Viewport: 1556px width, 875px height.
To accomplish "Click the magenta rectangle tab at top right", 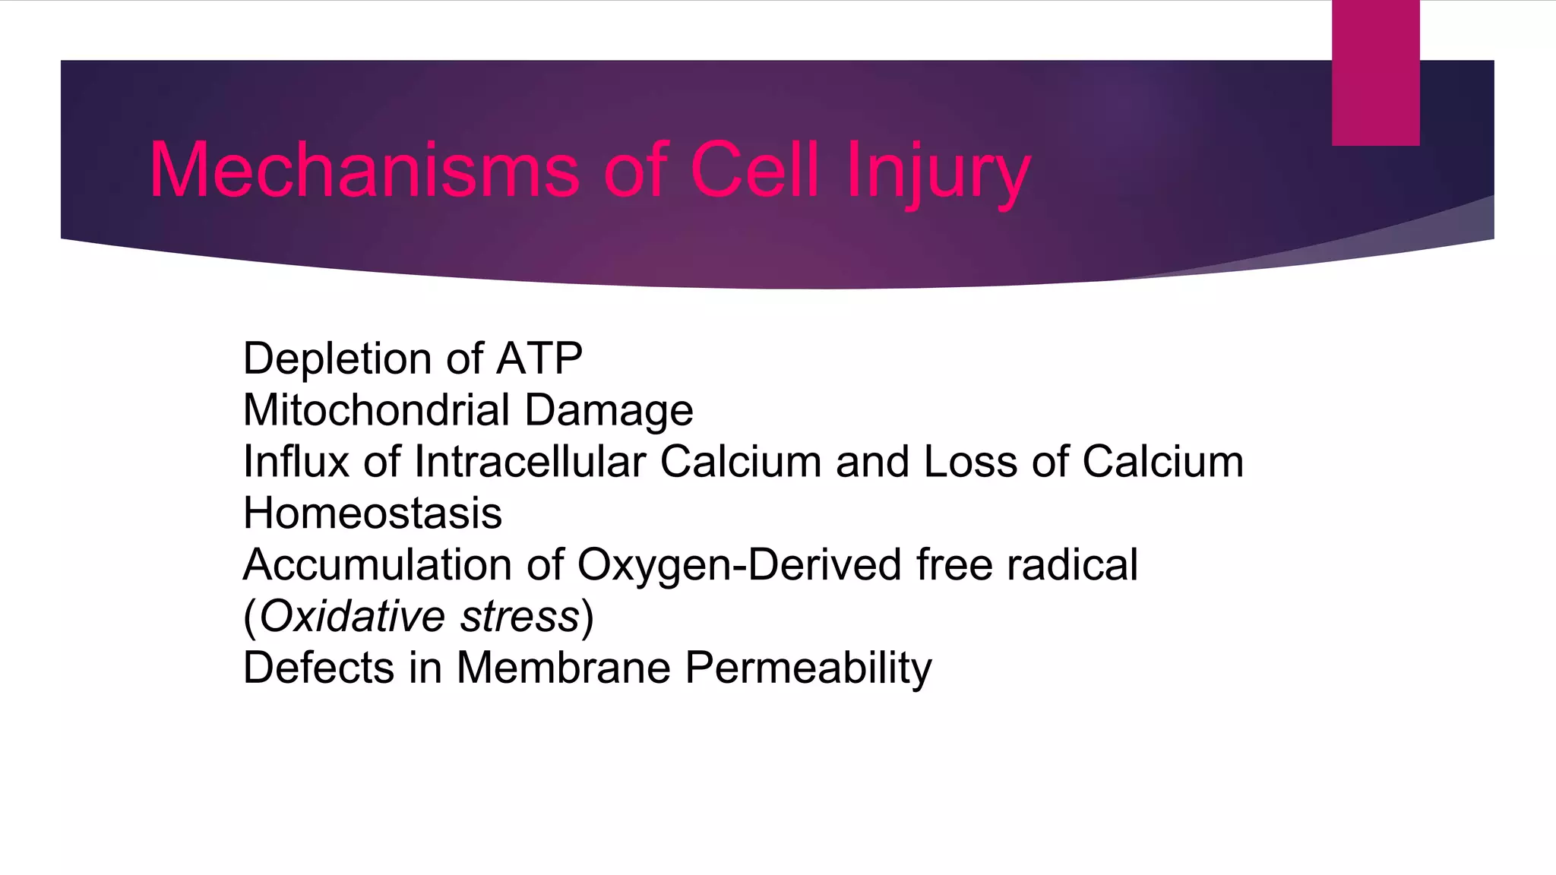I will pos(1375,73).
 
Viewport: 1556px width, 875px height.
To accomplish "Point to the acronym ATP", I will pos(539,359).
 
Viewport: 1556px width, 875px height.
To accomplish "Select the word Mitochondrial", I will pos(376,410).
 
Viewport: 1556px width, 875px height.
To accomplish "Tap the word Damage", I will pos(609,410).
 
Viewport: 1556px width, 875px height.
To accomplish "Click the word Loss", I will pos(970,462).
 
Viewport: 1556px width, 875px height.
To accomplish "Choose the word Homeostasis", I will pos(372,513).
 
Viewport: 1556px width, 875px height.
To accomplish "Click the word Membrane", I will pos(564,668).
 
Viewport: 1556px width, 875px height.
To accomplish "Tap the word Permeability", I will pos(808,669).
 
